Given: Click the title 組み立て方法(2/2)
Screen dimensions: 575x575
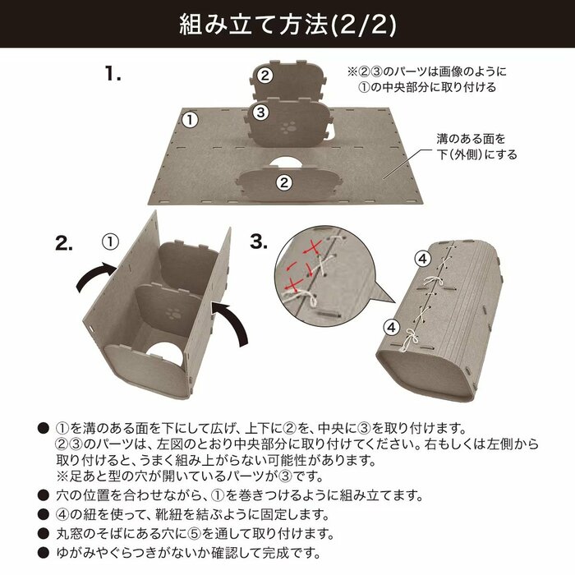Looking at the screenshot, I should pyautogui.click(x=287, y=25).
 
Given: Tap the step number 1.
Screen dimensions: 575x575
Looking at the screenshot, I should pyautogui.click(x=113, y=74).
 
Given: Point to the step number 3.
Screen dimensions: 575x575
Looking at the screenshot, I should pyautogui.click(x=259, y=242).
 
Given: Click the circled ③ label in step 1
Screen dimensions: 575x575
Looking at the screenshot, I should pyautogui.click(x=260, y=113).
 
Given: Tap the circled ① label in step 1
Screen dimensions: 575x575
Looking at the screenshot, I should pyautogui.click(x=190, y=120).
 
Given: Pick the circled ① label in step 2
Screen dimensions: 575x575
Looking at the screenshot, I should pyautogui.click(x=111, y=241).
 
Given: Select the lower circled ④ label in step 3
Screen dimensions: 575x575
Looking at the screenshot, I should pyautogui.click(x=391, y=326).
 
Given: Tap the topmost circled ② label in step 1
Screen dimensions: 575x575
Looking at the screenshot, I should pyautogui.click(x=264, y=76).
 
